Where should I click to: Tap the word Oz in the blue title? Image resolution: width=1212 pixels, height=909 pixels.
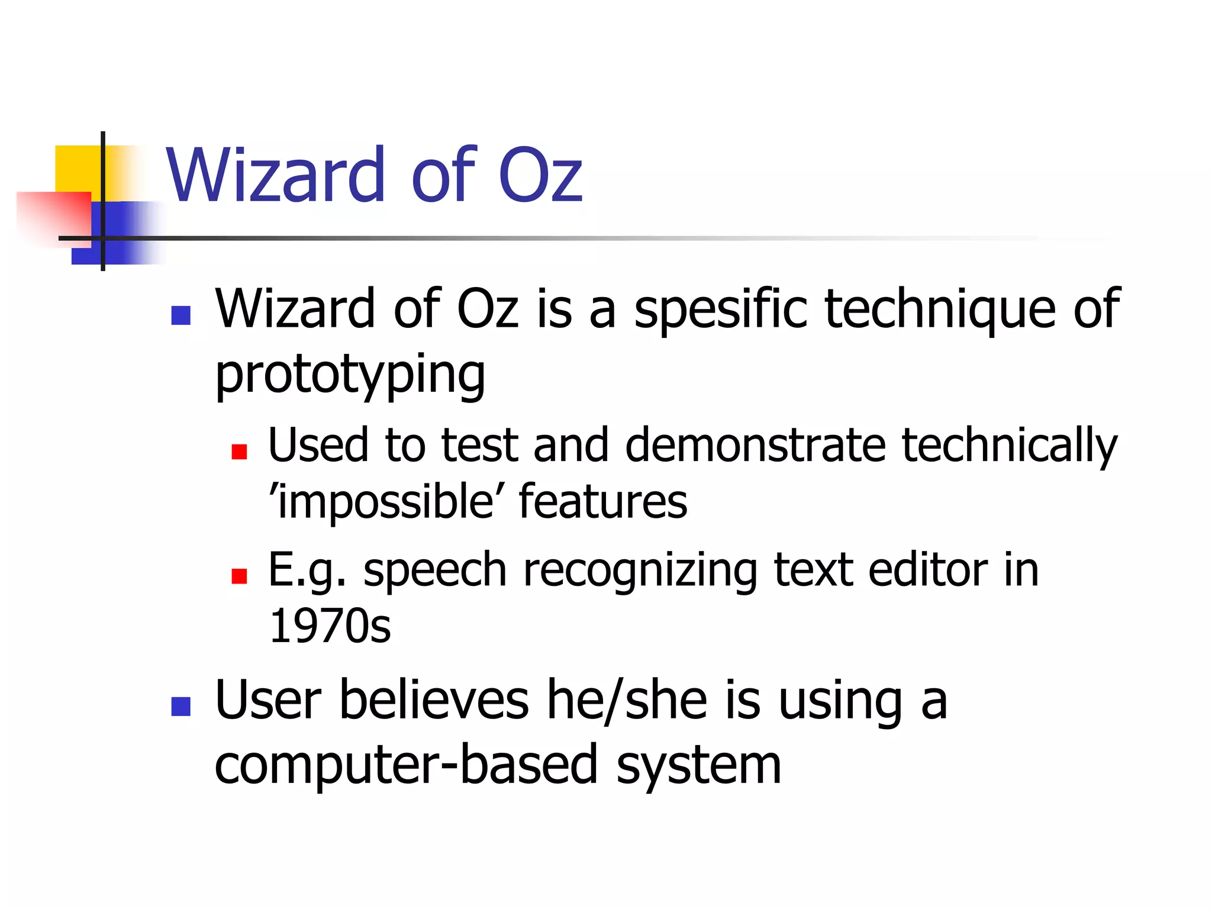tap(540, 175)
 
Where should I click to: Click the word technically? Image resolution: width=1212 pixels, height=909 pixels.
tap(1009, 445)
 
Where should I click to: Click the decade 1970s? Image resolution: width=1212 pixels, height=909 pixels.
tap(330, 626)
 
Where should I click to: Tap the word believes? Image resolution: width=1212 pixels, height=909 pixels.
tap(434, 701)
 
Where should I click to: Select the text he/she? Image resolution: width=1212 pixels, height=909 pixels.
tap(626, 701)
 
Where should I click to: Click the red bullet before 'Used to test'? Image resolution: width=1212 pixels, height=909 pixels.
tap(239, 452)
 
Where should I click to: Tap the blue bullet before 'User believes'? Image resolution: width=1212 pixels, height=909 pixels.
tap(180, 706)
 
